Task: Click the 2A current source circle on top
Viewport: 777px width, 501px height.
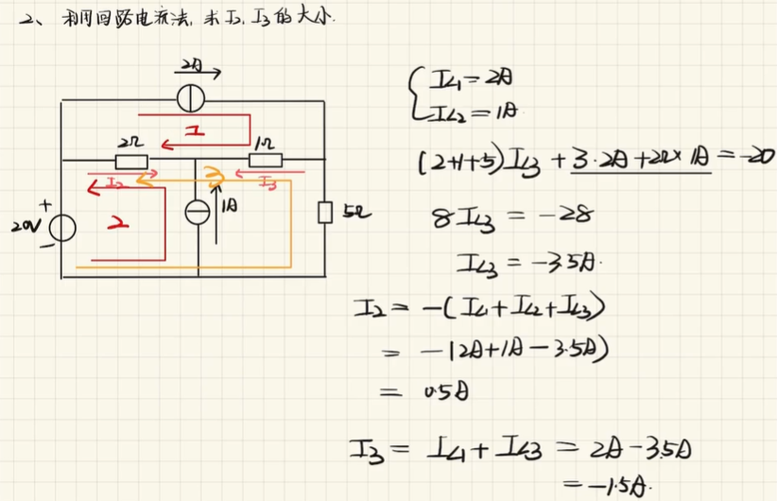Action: (195, 97)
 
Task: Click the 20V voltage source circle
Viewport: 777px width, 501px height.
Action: (62, 228)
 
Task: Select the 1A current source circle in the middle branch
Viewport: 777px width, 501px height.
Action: (199, 212)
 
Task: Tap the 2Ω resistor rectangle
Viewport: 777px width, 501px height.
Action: (130, 160)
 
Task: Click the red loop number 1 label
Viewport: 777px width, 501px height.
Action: (196, 133)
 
